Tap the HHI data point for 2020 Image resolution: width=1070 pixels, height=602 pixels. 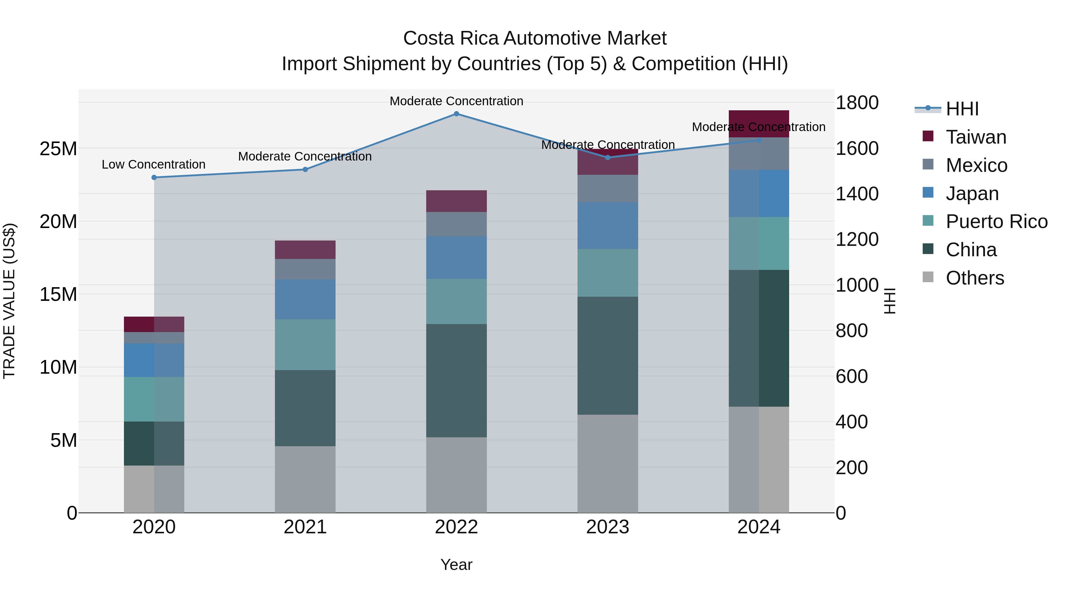[x=154, y=177]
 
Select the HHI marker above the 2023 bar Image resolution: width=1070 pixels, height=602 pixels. [x=608, y=158]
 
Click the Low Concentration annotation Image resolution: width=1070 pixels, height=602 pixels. [x=153, y=164]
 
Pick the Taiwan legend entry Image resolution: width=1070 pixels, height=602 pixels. [x=976, y=137]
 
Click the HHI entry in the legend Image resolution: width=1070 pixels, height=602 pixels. [x=962, y=109]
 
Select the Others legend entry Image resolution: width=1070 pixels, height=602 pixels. [x=975, y=278]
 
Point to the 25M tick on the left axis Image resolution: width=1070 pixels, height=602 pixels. [x=58, y=149]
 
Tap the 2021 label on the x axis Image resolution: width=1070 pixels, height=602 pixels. [x=305, y=527]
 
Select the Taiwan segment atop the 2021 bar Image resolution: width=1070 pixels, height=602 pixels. [x=305, y=250]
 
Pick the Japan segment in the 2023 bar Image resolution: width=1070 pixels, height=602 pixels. [x=608, y=226]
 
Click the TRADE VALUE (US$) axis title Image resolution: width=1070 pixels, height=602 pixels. [x=9, y=301]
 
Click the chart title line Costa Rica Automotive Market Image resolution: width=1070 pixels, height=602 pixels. [x=535, y=38]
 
